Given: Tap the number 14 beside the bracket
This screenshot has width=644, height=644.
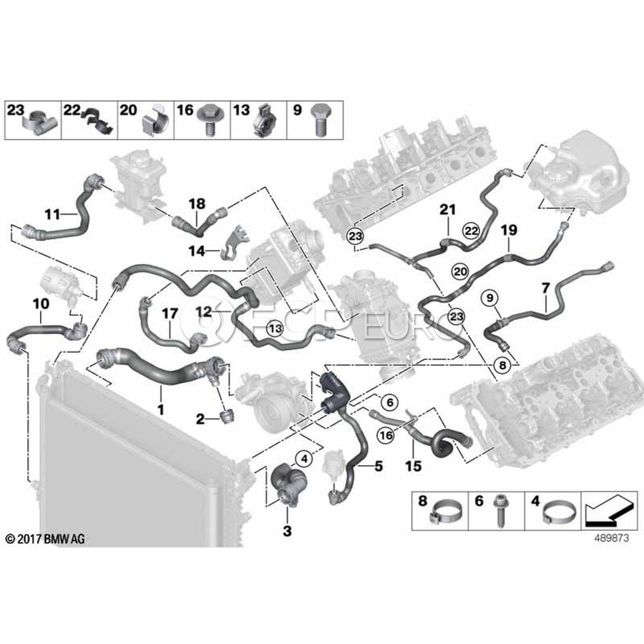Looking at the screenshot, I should pos(197,250).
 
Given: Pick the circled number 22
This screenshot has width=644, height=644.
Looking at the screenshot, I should pos(470,230).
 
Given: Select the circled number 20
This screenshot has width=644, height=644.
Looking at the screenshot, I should pos(459,271).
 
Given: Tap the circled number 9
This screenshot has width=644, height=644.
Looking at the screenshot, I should pos(490,297).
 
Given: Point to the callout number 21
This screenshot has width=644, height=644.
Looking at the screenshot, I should pos(447,210).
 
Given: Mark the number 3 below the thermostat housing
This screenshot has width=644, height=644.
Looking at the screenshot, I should pos(288,532).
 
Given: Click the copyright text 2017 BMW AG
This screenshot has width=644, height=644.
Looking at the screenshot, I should pos(44,539).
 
